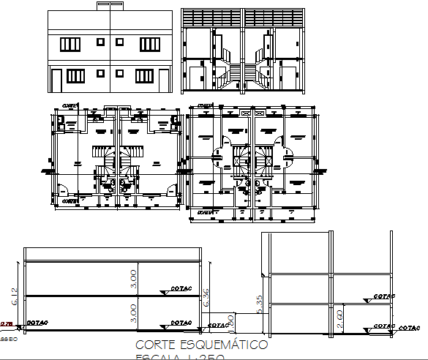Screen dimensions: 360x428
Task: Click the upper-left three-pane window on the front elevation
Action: (70, 45)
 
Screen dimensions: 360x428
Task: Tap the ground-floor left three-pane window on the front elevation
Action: (76, 75)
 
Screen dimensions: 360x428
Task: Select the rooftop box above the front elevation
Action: (110, 7)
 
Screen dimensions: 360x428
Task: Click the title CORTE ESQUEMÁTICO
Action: (201, 345)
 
